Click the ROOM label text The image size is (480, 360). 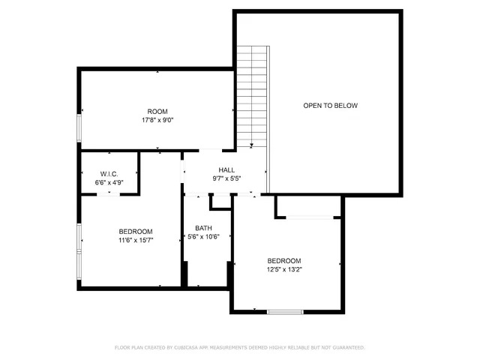tap(157, 111)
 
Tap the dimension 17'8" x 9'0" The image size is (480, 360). tap(157, 120)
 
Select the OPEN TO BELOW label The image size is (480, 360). tap(330, 106)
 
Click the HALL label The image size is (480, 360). tap(226, 170)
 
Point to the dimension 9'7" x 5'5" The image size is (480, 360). tap(226, 179)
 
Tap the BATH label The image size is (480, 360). tap(204, 229)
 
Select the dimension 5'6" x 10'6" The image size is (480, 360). tap(204, 238)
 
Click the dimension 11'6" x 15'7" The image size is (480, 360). tap(136, 240)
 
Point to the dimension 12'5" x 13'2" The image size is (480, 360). tap(285, 269)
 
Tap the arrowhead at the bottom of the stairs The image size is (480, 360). tap(252, 145)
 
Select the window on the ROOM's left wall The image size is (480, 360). tap(79, 127)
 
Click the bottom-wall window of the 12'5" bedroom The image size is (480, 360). tap(285, 310)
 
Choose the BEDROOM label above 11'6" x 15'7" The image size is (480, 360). tap(136, 231)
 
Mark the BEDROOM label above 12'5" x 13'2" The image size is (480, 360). tap(285, 260)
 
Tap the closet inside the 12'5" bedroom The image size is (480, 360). tap(308, 207)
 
